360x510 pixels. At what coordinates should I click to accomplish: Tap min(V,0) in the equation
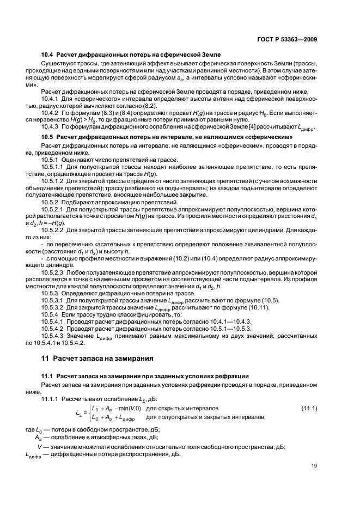pyautogui.click(x=126, y=408)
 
